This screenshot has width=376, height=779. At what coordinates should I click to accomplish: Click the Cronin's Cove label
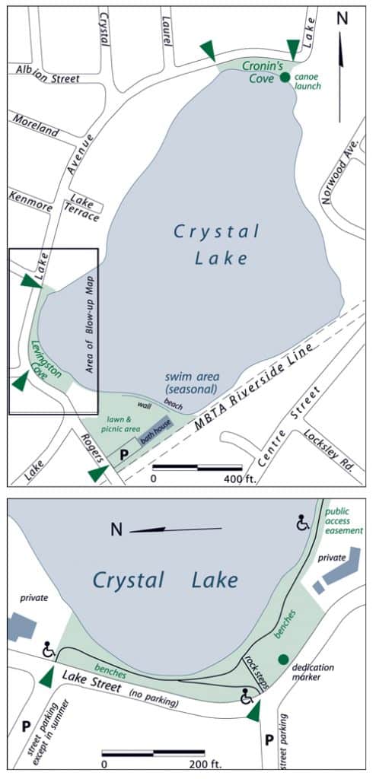tap(263, 70)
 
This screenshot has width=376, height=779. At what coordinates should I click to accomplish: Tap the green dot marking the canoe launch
tap(284, 77)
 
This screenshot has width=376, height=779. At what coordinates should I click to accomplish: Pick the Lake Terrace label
tap(79, 208)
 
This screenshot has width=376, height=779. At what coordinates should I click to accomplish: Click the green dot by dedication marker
tap(283, 659)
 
